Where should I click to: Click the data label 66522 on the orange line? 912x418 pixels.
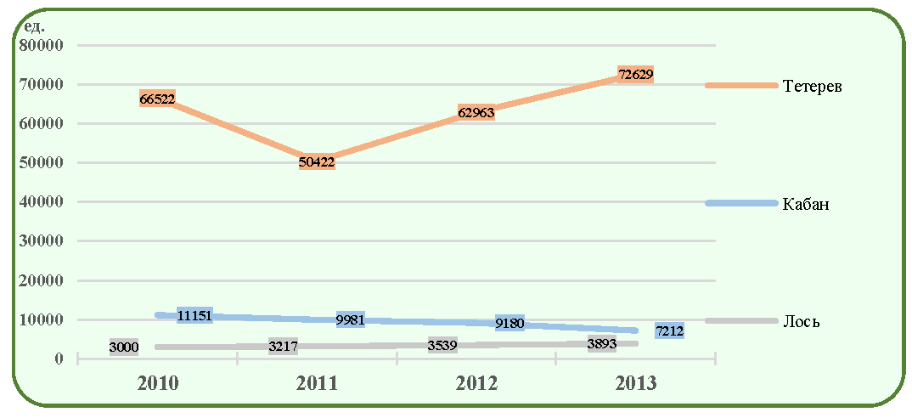point(158,98)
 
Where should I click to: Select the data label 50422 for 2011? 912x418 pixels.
point(317,161)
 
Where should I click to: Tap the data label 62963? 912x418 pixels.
point(476,112)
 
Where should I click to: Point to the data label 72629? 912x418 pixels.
point(635,75)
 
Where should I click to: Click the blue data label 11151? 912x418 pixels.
point(194,315)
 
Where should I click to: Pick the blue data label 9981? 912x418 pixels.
point(351,319)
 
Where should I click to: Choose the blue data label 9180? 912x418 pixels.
point(510,323)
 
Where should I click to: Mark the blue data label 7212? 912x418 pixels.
point(669,331)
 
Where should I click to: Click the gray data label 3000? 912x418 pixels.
point(123,347)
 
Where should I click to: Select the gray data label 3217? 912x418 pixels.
point(284,347)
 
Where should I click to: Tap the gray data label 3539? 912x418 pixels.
point(442,345)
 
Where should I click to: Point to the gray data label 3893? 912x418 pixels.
point(602,343)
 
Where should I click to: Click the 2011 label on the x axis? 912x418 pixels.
point(318,384)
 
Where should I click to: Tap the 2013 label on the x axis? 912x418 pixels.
point(636,384)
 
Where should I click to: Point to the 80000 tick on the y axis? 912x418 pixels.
point(42,45)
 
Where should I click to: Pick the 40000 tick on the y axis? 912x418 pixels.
point(42,202)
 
